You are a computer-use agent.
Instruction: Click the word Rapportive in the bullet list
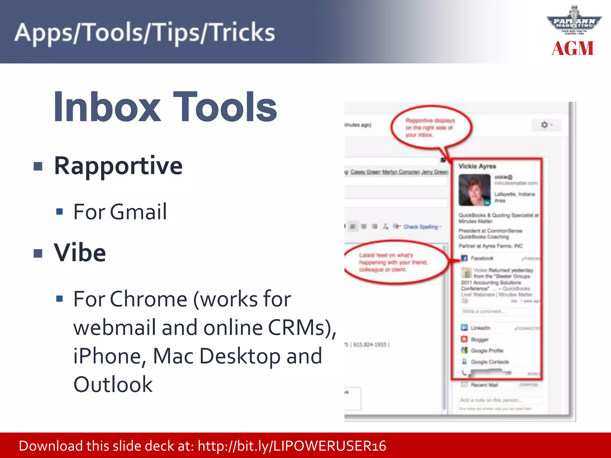118,166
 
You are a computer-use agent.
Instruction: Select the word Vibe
80,253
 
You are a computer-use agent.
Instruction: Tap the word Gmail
138,212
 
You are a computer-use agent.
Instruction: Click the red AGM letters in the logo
573,49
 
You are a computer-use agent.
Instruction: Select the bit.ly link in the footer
292,446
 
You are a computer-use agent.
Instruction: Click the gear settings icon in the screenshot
545,125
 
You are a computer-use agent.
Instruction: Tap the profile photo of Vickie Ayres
474,190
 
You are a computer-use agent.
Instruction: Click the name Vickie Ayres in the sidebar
477,166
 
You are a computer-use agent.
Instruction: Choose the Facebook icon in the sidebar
464,258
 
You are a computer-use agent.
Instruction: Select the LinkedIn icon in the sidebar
464,328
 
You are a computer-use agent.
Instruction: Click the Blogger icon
464,339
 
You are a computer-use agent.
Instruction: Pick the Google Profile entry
487,351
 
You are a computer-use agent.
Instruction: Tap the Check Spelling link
421,227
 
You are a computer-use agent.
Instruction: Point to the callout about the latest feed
393,262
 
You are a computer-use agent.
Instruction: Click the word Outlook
113,384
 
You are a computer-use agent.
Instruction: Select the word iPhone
109,356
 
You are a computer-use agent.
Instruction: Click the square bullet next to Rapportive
38,166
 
